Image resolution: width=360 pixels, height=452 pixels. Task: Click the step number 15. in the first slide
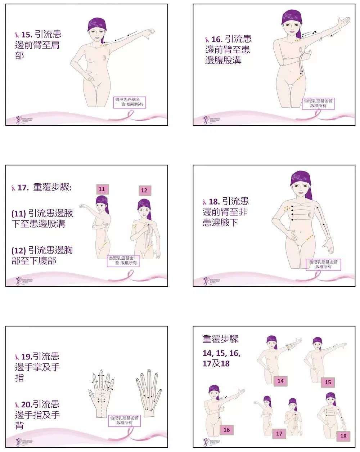coord(26,35)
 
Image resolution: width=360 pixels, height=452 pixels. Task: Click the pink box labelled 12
coord(144,190)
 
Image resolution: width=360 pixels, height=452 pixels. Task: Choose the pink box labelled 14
coord(280,381)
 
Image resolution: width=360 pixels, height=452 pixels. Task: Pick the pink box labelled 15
coord(328,382)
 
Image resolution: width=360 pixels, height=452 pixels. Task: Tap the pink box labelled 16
coord(226,430)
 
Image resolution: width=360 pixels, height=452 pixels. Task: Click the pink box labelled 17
coord(279,434)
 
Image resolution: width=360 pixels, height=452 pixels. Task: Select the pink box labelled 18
coord(343,436)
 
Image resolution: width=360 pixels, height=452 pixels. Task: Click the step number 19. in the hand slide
coord(26,357)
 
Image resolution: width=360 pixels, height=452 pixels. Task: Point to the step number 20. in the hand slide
coord(26,404)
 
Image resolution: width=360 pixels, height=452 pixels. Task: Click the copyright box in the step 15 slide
coord(130,102)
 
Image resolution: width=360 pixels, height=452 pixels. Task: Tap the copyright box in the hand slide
coord(124,420)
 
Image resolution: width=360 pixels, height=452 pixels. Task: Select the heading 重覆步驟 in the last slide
coord(221,339)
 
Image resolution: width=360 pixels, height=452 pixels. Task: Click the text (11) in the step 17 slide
coord(18,213)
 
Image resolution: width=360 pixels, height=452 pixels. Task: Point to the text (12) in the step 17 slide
coord(18,250)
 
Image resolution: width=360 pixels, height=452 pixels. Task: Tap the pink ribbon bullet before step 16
coord(207,39)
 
